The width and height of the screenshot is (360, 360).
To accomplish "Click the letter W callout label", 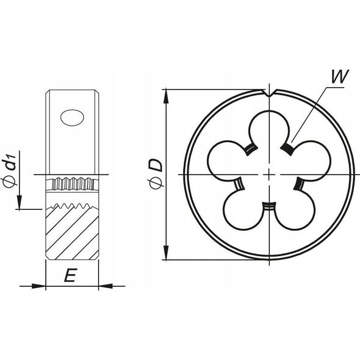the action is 340,76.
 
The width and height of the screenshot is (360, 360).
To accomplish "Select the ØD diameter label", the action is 156,175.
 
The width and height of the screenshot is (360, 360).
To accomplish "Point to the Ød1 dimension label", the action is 10,170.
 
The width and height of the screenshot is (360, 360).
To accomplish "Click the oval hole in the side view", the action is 72,118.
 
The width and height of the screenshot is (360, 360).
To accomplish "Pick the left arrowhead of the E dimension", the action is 38,286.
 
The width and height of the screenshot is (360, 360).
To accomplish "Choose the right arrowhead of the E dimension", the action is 106,286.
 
